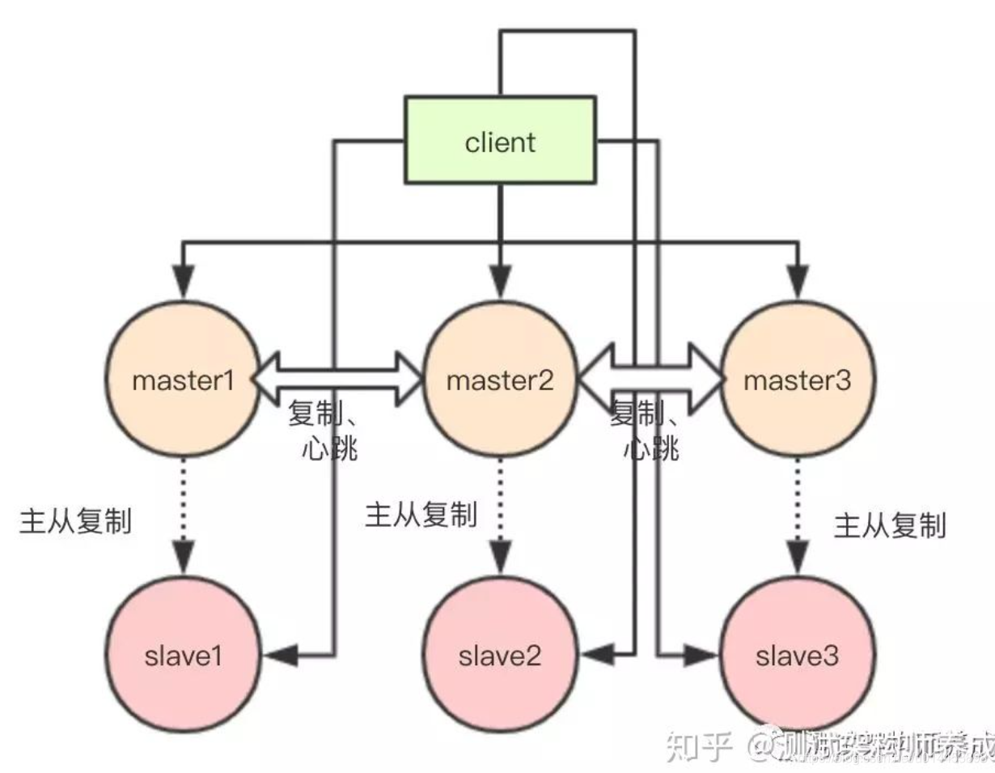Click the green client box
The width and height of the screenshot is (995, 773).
(500, 141)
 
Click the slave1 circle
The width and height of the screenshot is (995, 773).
(183, 655)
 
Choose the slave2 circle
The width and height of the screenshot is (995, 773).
(499, 655)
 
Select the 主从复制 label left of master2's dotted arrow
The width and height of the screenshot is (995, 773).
(421, 515)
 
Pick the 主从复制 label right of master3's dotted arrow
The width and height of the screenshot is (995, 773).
(890, 527)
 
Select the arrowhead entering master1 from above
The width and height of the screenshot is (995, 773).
(184, 282)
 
